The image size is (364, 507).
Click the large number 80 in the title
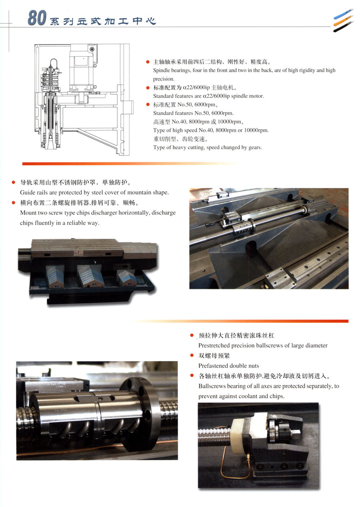click(37, 18)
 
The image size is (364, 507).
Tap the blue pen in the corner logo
click(343, 14)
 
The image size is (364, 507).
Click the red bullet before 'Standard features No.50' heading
click(148, 104)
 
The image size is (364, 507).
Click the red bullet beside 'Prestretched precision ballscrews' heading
click(192, 335)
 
